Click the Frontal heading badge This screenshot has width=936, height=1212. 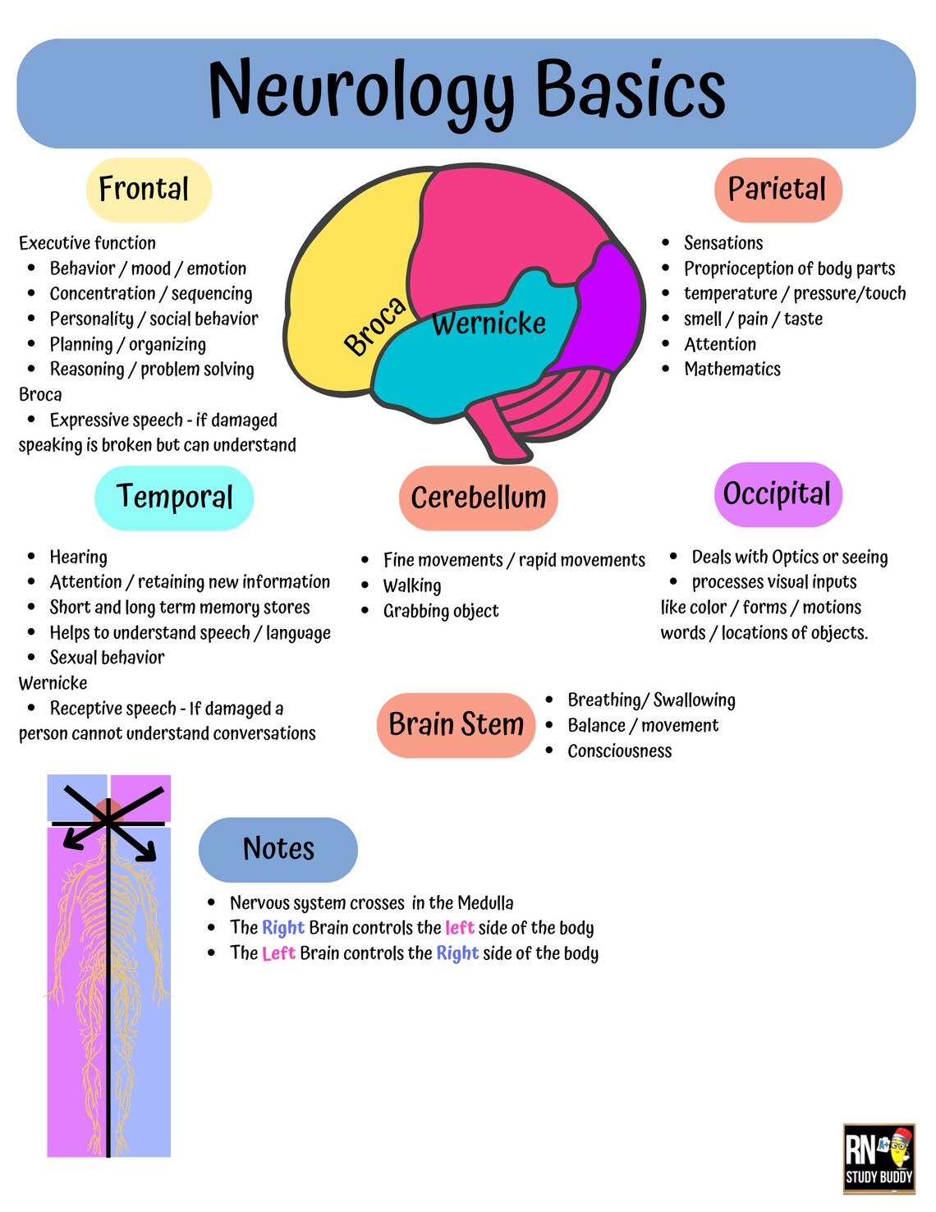click(x=149, y=190)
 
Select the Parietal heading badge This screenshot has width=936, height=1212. click(x=778, y=190)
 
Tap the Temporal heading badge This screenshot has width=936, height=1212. click(x=174, y=498)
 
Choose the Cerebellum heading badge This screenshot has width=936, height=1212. click(x=478, y=498)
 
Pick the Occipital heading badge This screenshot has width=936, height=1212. click(x=777, y=494)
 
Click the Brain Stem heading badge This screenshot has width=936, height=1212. click(x=456, y=725)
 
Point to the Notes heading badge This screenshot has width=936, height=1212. click(x=278, y=849)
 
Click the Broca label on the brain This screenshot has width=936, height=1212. click(x=374, y=326)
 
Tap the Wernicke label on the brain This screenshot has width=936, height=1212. click(x=489, y=324)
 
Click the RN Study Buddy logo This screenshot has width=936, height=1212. click(x=879, y=1159)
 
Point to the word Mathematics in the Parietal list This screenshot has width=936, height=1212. click(x=732, y=370)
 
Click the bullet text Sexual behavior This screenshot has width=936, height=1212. click(x=107, y=658)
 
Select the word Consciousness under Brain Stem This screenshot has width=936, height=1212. click(x=619, y=751)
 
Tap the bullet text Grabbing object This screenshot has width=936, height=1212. click(x=441, y=611)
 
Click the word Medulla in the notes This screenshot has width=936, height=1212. click(x=485, y=903)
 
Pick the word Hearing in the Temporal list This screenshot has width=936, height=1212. click(x=78, y=558)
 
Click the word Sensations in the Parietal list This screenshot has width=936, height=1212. click(x=723, y=243)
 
